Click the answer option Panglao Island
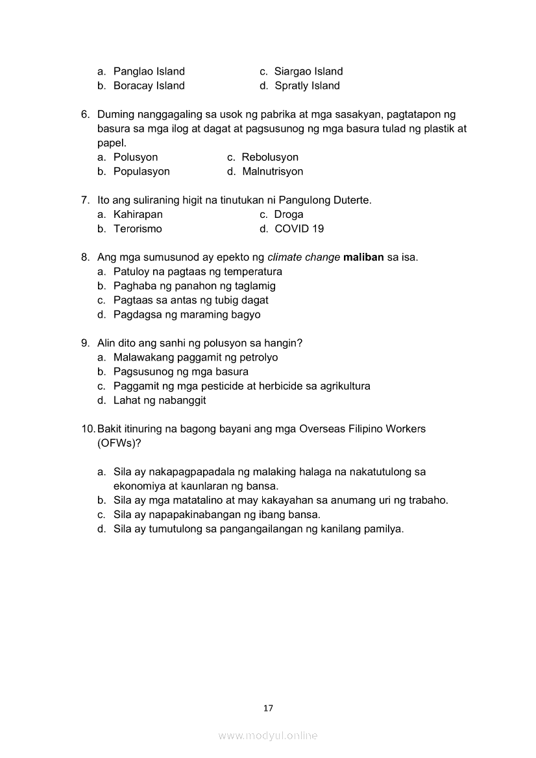149,71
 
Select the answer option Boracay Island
149,86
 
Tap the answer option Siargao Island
308,71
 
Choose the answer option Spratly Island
307,86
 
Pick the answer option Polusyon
135,157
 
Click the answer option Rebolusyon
270,157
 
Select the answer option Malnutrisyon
273,171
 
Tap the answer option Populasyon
141,171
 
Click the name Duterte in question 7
350,200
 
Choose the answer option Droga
289,214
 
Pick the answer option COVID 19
299,228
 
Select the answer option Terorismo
138,228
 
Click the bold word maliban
363,257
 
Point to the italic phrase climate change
304,257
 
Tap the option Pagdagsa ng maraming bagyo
187,314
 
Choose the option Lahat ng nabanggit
160,400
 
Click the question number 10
88,429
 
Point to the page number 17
268,708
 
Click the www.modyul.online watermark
268,735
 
